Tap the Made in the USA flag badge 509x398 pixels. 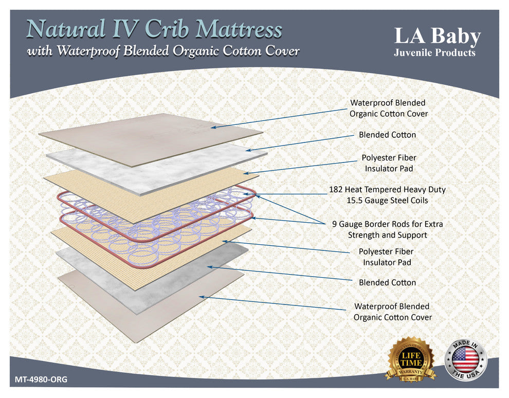coord(465,359)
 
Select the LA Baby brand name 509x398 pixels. coord(437,37)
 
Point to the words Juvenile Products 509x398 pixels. coord(434,52)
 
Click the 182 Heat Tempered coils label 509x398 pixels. coord(387,194)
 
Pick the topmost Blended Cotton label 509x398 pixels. coord(388,135)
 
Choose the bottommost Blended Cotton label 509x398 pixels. coord(388,282)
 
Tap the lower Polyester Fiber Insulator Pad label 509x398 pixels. coord(386,257)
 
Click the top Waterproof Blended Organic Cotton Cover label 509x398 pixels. coord(388,108)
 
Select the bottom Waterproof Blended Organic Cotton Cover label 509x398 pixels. coord(392,312)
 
